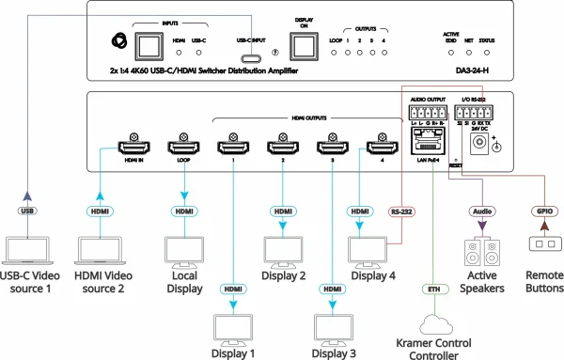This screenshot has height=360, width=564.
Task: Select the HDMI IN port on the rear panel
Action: (x=132, y=148)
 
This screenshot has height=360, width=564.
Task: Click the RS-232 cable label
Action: (x=403, y=211)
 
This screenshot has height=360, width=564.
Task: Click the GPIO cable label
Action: (x=544, y=211)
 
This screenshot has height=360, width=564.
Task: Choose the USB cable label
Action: (x=30, y=211)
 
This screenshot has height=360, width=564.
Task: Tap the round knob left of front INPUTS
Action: (x=120, y=43)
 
